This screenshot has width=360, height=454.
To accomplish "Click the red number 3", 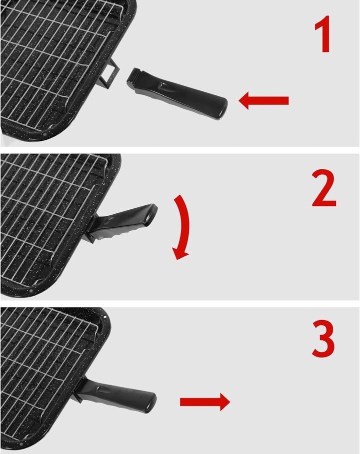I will tap(323, 340).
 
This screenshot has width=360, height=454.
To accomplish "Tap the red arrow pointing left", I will tap(264, 101).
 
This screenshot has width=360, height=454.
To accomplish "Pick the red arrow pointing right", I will tap(204, 402).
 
